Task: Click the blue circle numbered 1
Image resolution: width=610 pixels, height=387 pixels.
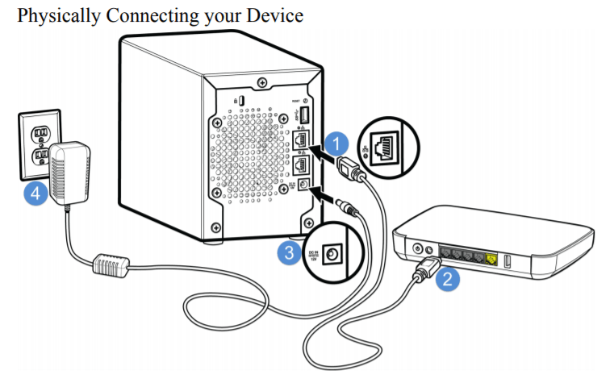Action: point(340,144)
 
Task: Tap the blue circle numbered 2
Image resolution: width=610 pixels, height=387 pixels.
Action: point(448,280)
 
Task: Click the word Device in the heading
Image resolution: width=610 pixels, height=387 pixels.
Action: point(278,15)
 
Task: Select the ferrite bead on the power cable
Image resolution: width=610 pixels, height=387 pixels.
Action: point(114,265)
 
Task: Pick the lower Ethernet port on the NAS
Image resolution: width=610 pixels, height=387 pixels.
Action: point(302,164)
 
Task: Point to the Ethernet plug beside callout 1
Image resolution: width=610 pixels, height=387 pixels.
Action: point(353,169)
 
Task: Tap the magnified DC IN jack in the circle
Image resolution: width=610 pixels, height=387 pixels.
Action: point(332,256)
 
